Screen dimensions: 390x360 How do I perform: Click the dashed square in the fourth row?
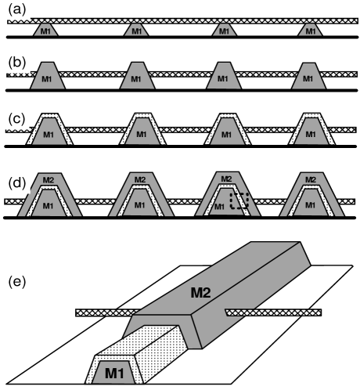(x=239, y=200)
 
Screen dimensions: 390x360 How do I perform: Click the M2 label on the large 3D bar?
(x=200, y=293)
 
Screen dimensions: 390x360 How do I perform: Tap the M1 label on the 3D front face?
(x=114, y=374)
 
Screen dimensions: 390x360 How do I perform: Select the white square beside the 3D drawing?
(x=17, y=280)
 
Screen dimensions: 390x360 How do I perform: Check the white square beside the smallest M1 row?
(x=17, y=8)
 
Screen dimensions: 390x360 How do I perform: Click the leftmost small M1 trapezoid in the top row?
(x=45, y=31)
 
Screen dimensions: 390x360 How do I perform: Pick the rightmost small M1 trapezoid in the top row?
(x=310, y=31)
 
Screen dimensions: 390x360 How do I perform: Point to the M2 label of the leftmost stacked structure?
(x=49, y=180)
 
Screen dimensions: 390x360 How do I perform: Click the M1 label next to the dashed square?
(x=219, y=207)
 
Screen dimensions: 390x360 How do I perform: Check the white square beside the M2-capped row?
(x=17, y=182)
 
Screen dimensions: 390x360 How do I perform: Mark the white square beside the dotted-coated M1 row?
(x=17, y=118)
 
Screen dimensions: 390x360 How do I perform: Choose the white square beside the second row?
(x=17, y=61)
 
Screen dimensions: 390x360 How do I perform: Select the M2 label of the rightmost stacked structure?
(x=311, y=180)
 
